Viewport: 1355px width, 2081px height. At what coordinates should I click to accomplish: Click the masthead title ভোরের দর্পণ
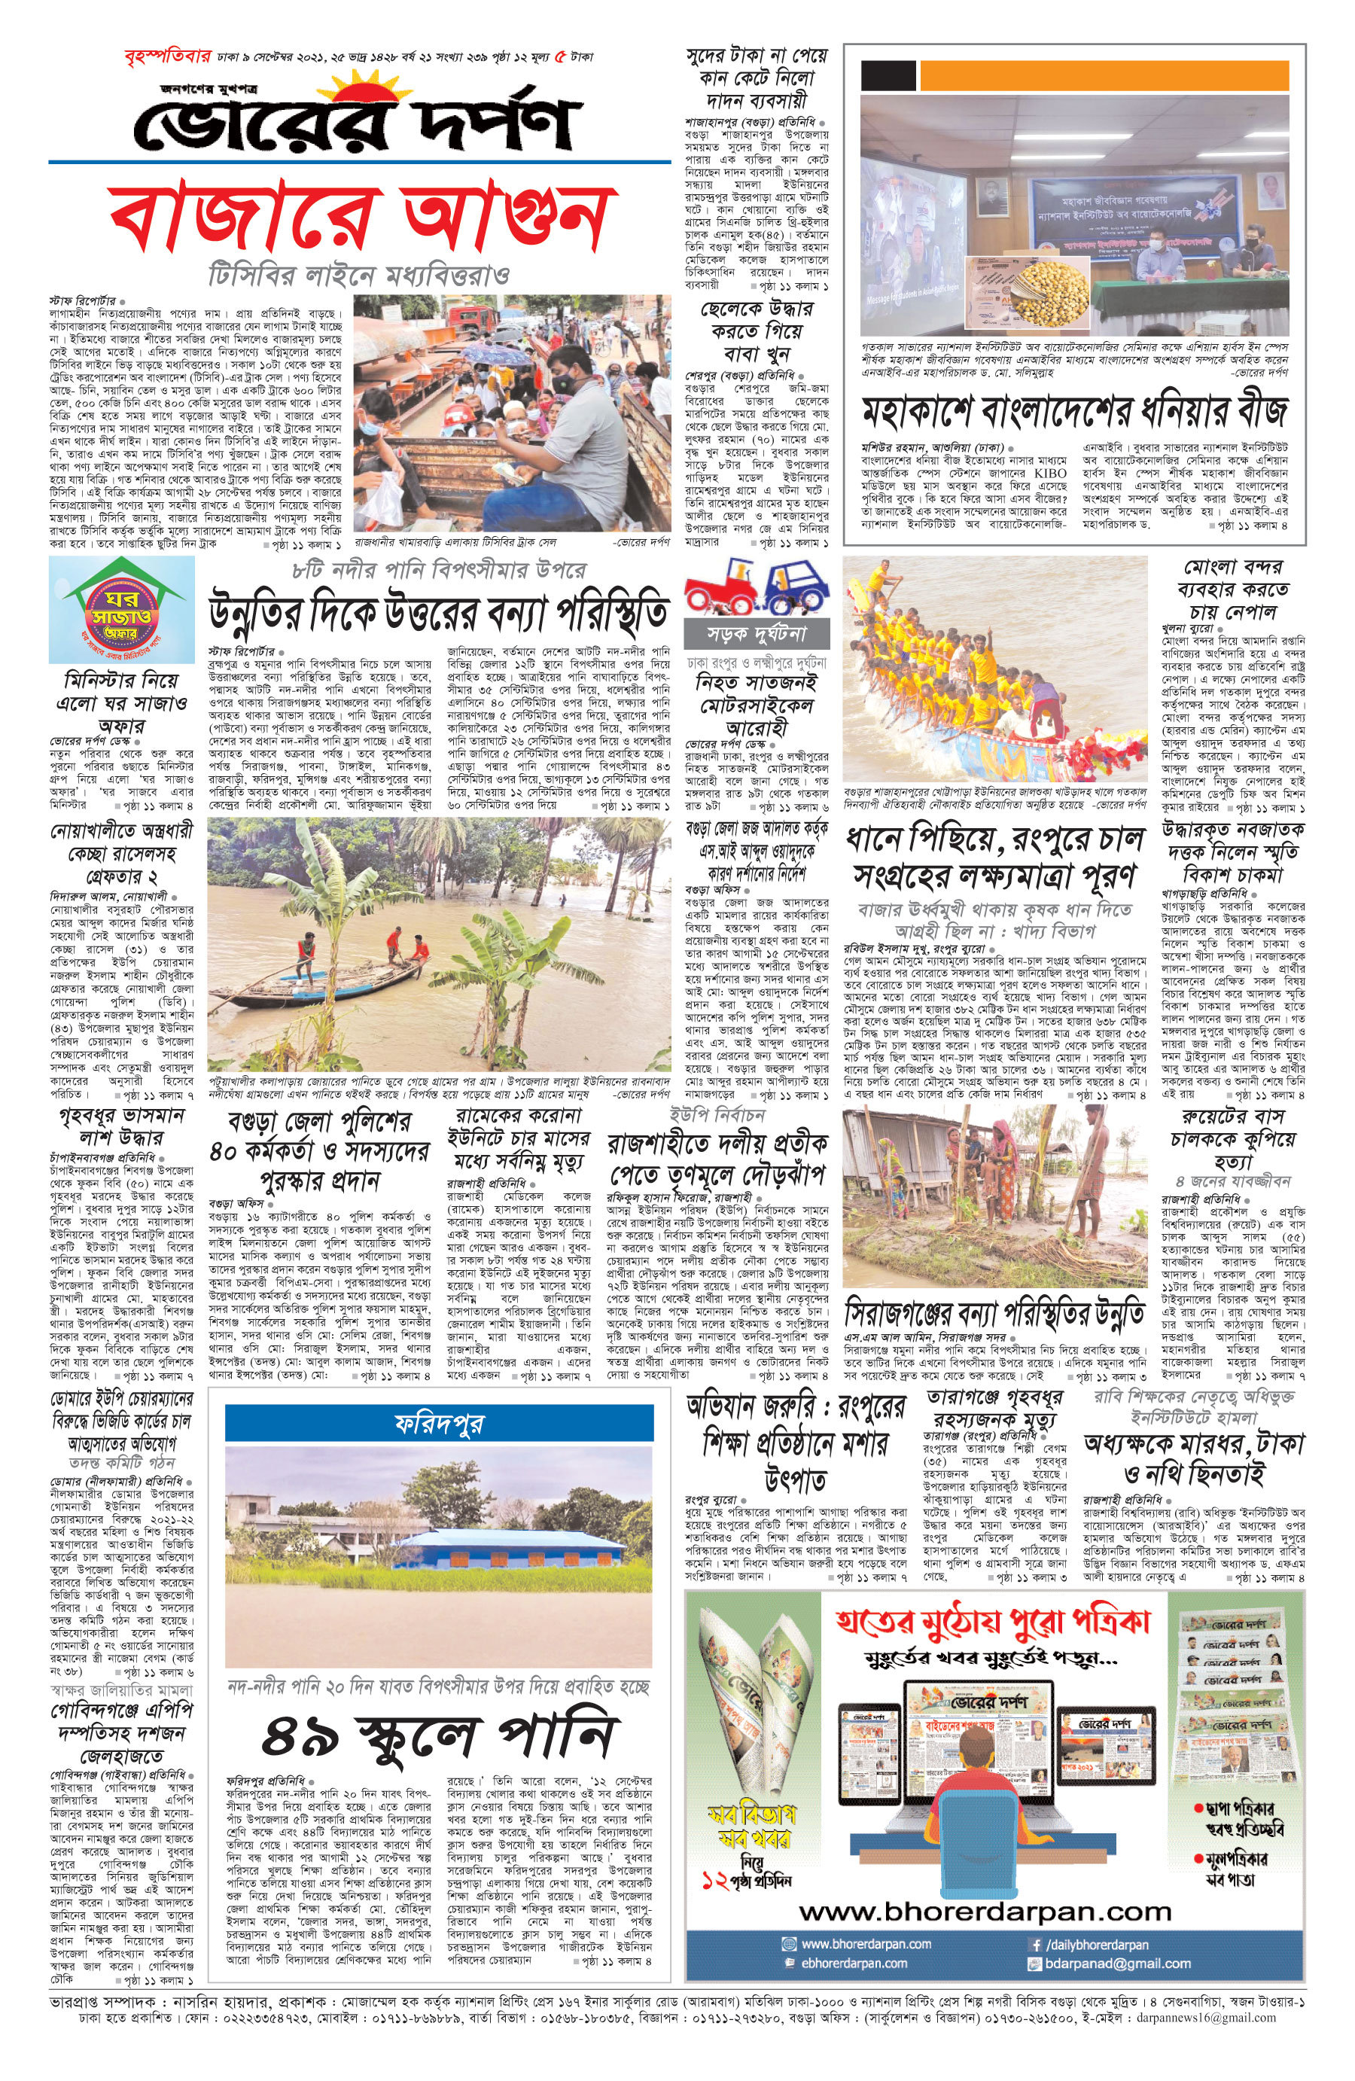tap(358, 123)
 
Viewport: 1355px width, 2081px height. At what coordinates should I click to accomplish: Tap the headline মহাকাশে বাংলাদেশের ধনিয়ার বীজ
tap(1074, 411)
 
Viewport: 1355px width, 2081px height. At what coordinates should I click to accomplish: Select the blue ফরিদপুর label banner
tap(439, 1424)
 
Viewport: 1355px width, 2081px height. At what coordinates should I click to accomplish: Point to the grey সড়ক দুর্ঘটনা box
tap(757, 633)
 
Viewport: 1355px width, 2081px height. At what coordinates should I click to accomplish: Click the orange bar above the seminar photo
tap(1104, 76)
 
